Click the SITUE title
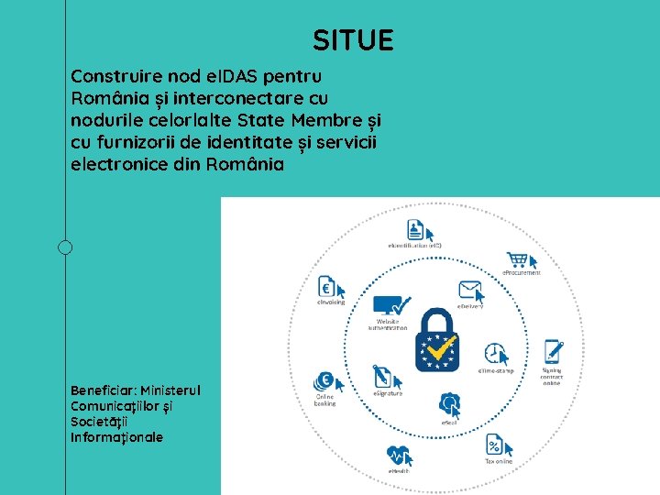pyautogui.click(x=353, y=40)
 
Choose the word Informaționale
pyautogui.click(x=116, y=437)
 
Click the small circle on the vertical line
pyautogui.click(x=65, y=247)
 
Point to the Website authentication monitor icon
pyautogui.click(x=391, y=306)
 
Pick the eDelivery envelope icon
pyautogui.click(x=471, y=292)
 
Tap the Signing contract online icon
pyautogui.click(x=553, y=351)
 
